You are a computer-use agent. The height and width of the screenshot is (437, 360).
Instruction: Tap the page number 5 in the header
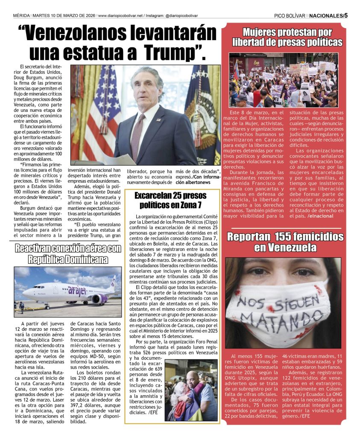point(346,16)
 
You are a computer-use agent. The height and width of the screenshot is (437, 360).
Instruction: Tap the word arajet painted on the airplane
point(77,291)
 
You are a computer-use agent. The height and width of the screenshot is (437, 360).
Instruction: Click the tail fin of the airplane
point(113,283)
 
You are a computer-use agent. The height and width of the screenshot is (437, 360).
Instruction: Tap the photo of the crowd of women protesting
point(283,80)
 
